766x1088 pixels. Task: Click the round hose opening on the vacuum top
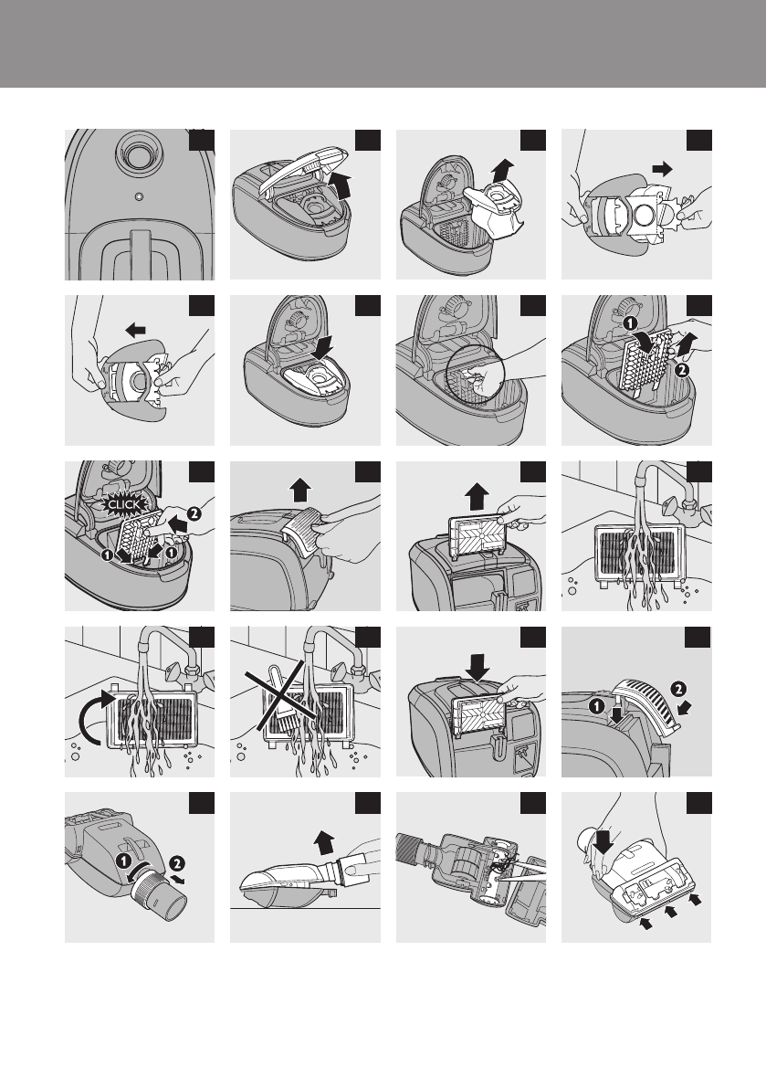138,151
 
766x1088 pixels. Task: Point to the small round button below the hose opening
140,197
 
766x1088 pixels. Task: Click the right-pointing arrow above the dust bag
663,169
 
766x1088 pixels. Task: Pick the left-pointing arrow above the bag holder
135,330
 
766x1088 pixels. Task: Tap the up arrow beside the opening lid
341,186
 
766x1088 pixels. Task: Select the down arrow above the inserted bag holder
321,348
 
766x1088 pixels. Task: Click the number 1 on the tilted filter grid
629,323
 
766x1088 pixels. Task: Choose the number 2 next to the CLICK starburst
194,513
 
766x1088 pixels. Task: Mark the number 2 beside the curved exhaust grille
678,689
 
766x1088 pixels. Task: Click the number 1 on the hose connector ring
122,861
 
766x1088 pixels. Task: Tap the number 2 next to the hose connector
176,863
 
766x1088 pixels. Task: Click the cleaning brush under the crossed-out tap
281,694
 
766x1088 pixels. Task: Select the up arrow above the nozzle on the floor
324,844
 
